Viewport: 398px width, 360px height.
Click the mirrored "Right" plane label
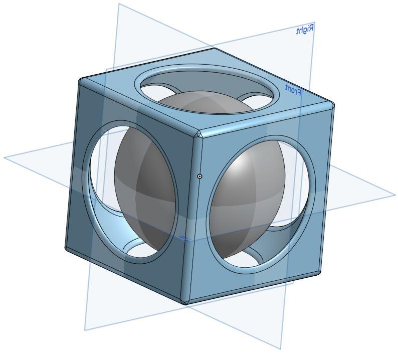tap(304, 30)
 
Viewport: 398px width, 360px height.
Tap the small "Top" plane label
tap(185, 238)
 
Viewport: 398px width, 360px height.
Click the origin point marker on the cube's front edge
tap(200, 176)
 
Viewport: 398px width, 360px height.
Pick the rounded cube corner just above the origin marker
tap(198, 134)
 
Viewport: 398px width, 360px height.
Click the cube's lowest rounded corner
tap(186, 302)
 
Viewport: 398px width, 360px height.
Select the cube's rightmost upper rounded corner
tap(331, 105)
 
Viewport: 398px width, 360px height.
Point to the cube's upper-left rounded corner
tap(81, 80)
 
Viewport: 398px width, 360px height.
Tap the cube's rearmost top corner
tap(214, 49)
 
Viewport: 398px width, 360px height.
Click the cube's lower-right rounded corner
tap(319, 273)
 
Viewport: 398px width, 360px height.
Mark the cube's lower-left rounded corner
tap(67, 248)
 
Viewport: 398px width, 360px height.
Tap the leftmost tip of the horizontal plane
tap(5, 157)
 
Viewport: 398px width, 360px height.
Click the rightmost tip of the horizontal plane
tap(394, 195)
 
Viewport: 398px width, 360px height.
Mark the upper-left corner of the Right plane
tap(119, 5)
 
